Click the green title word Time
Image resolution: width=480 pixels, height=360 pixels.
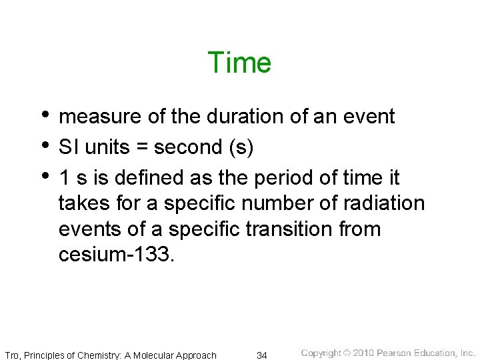coord(239,63)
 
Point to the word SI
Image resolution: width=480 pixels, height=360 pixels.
coord(68,147)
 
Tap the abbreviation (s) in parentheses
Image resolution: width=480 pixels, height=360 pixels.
coord(241,147)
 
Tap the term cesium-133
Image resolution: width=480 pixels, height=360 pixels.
coord(117,255)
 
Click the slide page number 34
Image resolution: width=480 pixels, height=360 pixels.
coord(262,355)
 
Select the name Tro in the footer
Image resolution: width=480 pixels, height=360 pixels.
coord(12,355)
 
